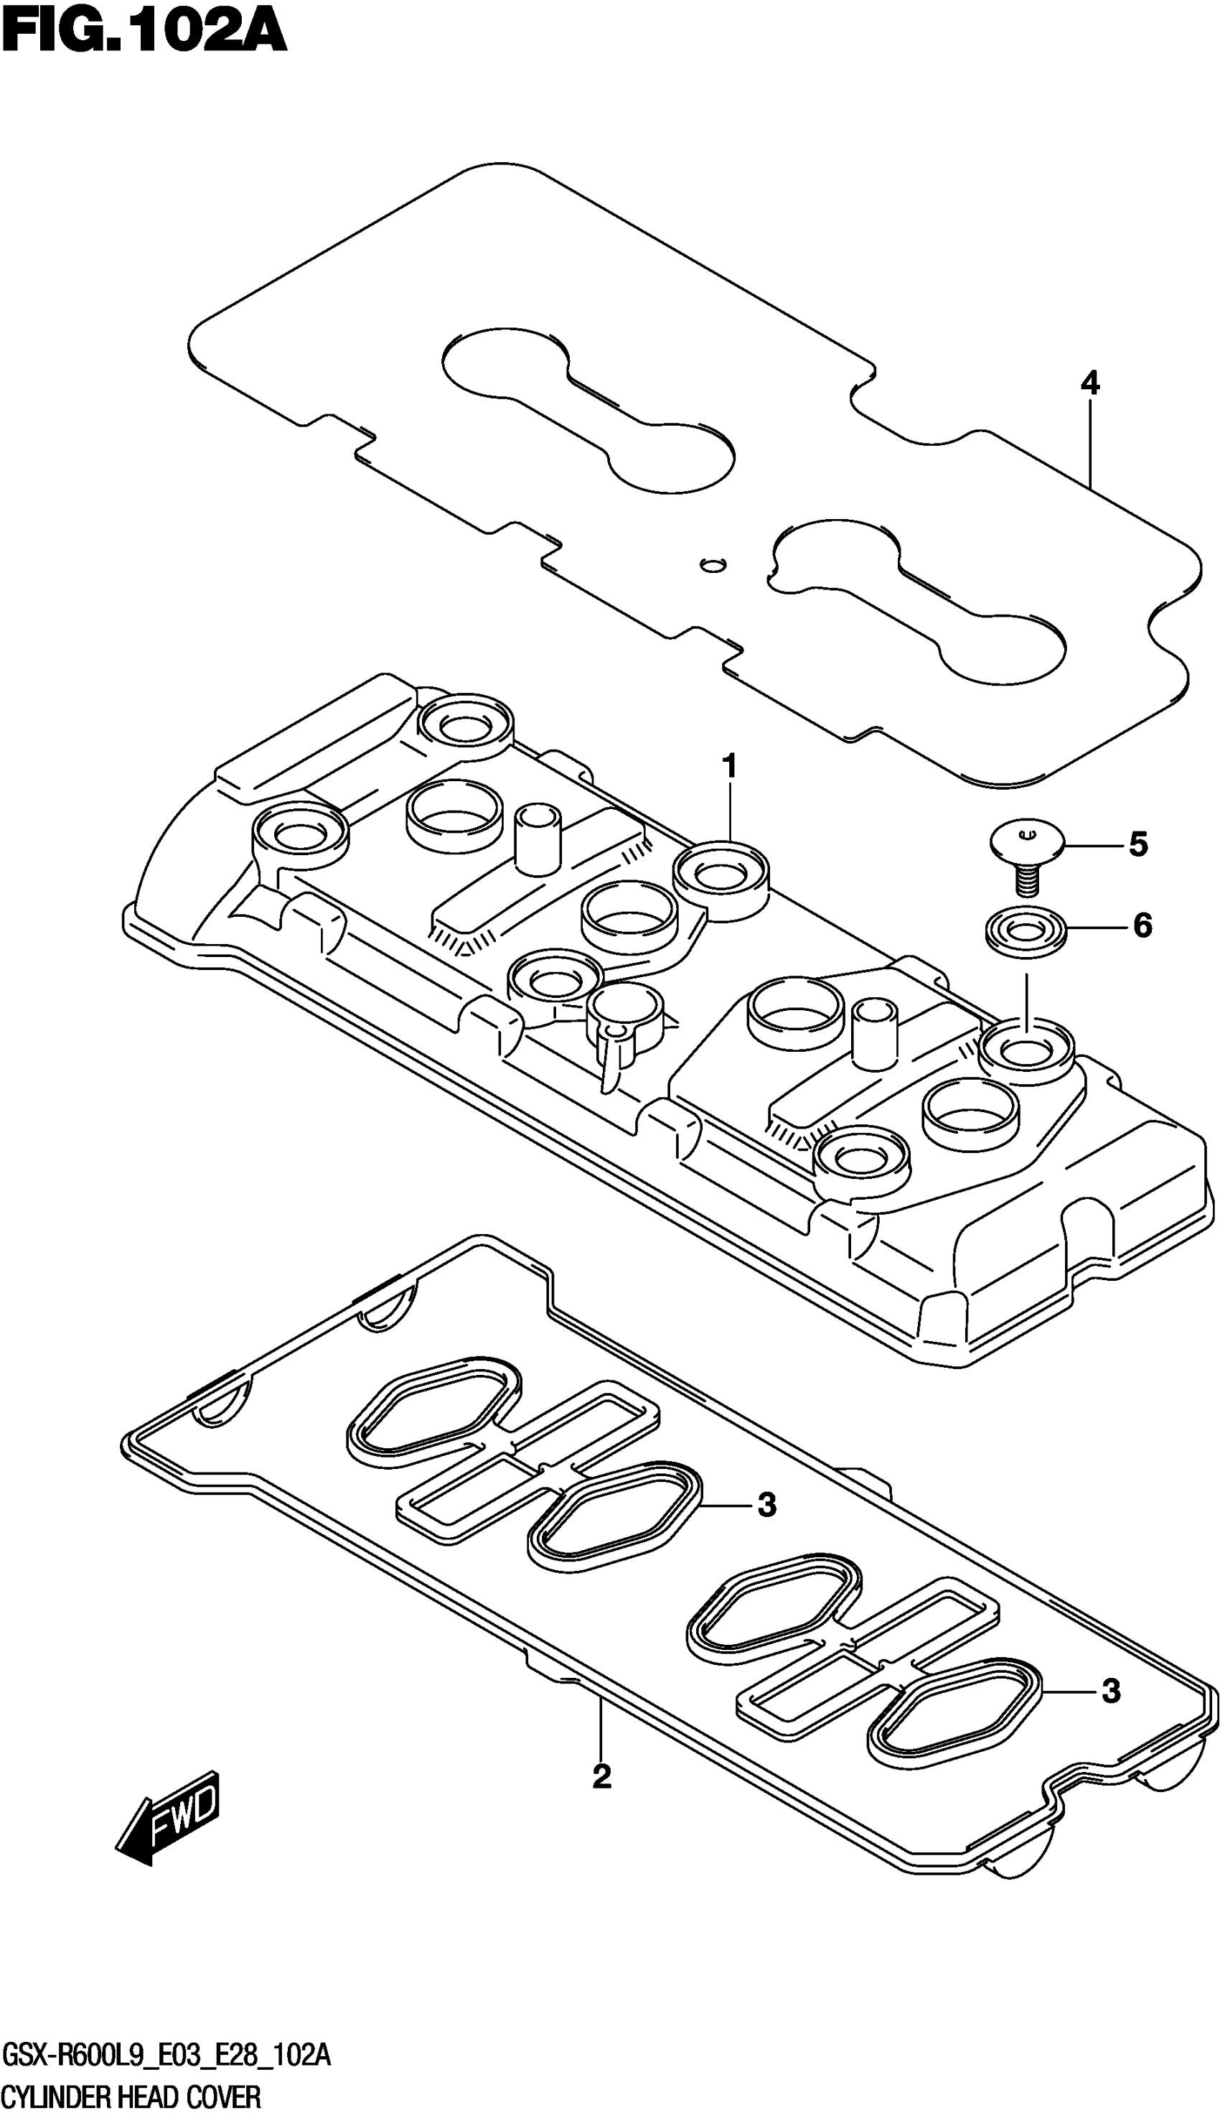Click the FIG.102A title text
click(144, 35)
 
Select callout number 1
click(729, 766)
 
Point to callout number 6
click(1142, 925)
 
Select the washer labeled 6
click(1025, 928)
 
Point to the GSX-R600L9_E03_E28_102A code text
click(168, 2053)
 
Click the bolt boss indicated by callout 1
click(721, 876)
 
